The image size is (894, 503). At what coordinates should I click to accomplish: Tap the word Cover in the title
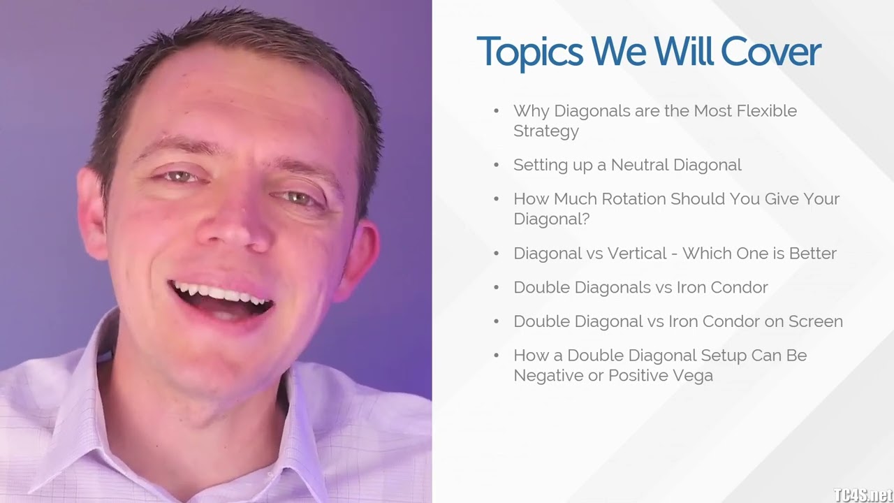(x=771, y=52)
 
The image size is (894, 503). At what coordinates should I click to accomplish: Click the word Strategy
(x=546, y=131)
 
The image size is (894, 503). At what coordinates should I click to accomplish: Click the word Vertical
(x=637, y=254)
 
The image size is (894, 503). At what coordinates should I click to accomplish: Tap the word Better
(x=812, y=254)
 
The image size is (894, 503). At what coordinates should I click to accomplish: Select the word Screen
(x=816, y=321)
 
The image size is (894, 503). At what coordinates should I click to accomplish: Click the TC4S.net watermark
(x=862, y=495)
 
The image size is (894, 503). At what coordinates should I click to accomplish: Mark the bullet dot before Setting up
(x=496, y=165)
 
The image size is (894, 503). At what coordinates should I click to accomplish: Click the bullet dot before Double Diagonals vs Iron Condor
(x=496, y=287)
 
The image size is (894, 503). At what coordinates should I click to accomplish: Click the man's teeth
(x=217, y=293)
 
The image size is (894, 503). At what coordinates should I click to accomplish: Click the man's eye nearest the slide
(x=298, y=198)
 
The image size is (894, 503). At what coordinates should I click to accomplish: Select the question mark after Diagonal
(x=585, y=219)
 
